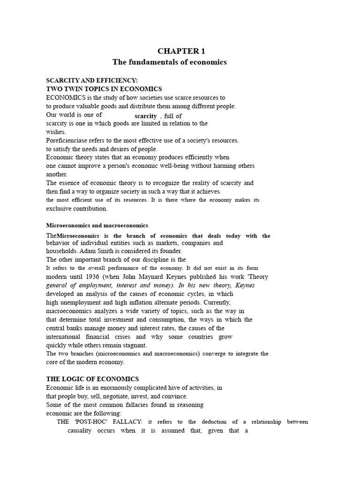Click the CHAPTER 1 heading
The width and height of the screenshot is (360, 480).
click(181, 51)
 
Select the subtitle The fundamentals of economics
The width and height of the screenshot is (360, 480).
click(169, 62)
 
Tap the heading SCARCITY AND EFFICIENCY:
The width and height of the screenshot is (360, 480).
click(92, 81)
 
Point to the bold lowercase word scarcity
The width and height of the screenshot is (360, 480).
click(145, 116)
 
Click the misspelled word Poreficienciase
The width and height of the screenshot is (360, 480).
click(69, 140)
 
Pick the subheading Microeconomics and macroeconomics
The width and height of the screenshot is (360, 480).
click(97, 225)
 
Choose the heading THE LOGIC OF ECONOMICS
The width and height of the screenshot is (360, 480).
click(92, 379)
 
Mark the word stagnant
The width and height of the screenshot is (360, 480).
click(134, 345)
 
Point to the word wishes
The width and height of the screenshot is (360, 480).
click(56, 132)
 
